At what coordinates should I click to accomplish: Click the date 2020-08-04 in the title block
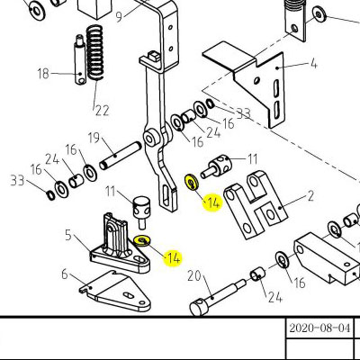(319, 328)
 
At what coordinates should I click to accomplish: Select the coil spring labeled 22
(94, 53)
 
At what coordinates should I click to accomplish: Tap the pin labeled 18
(80, 60)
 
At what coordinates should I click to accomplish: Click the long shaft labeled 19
(120, 156)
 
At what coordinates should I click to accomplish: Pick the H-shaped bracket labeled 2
(256, 204)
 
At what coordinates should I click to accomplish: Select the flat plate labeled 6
(116, 292)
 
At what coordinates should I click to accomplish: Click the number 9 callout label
(119, 17)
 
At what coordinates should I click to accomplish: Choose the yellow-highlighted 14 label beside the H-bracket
(213, 203)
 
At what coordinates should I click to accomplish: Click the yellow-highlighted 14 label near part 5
(173, 258)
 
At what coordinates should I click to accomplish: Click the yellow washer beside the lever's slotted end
(190, 182)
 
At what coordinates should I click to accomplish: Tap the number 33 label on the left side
(17, 180)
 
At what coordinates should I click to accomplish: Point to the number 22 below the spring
(102, 111)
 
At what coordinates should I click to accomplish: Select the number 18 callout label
(43, 74)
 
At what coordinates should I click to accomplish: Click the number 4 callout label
(313, 63)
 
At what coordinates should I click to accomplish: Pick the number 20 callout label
(194, 276)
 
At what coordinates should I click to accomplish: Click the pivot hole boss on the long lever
(149, 139)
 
